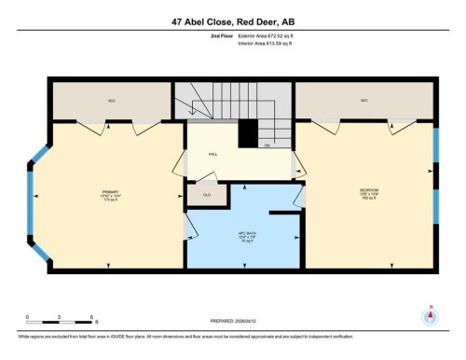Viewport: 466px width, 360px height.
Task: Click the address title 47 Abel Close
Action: (232, 21)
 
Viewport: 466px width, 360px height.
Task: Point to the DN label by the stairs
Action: (267, 145)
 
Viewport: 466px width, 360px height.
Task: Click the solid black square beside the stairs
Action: (247, 135)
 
